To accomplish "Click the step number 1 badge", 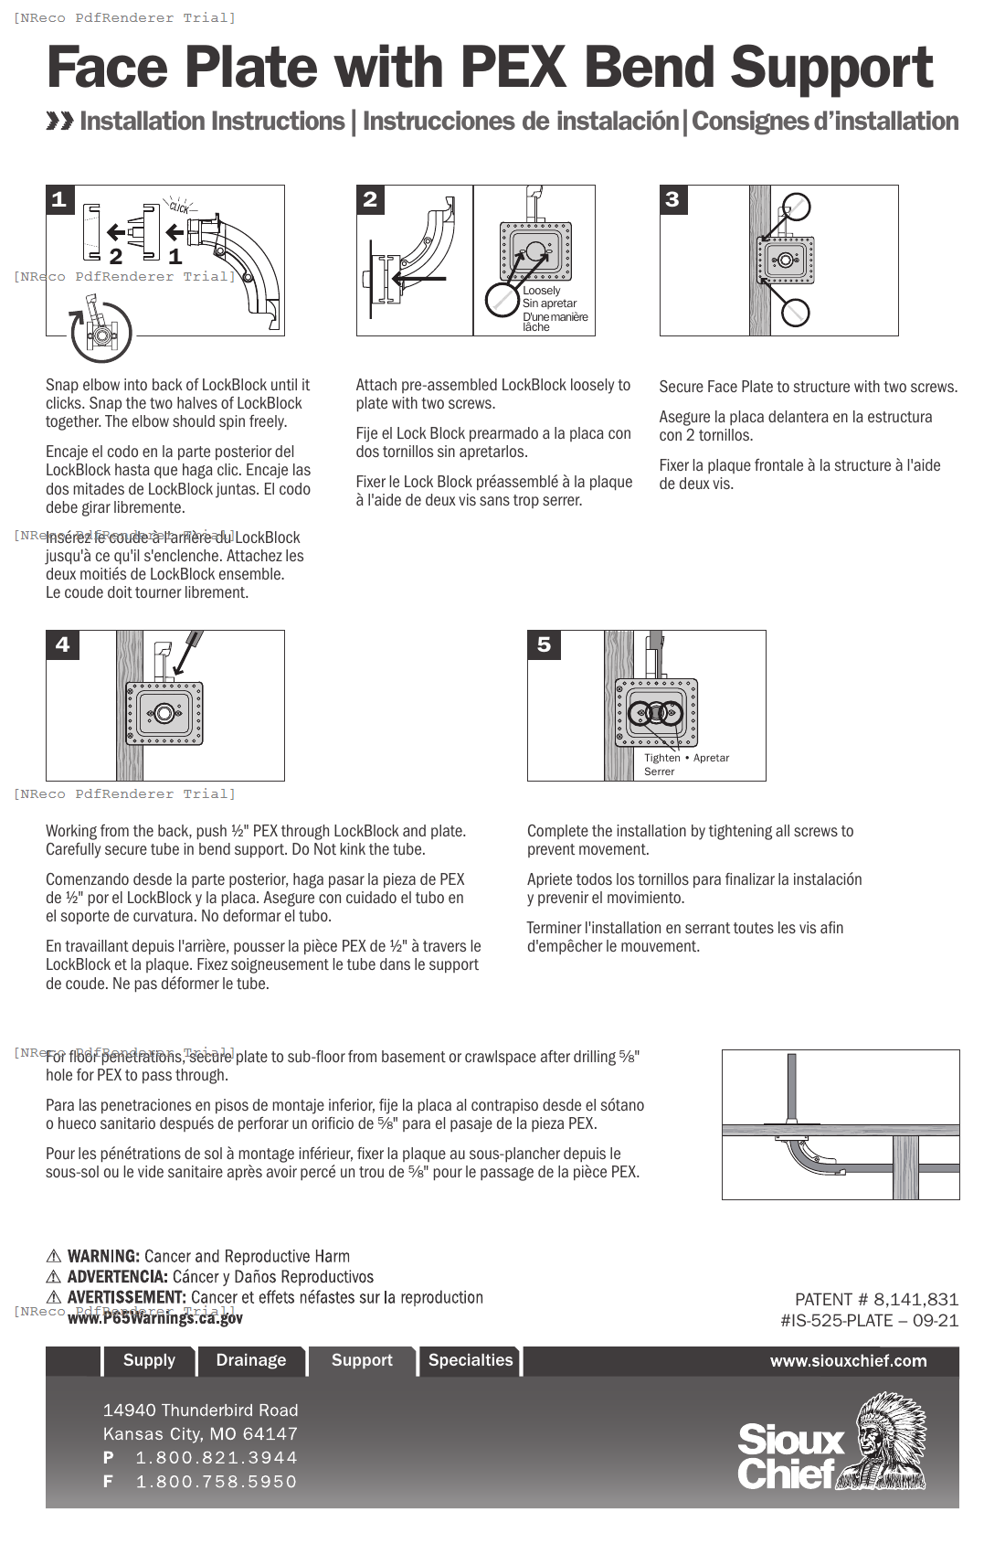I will [59, 199].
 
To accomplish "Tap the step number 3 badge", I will [673, 199].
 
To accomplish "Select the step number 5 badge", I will [545, 644].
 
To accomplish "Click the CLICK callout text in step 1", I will [179, 208].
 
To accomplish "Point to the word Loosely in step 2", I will [542, 291].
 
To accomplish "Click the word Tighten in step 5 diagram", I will [662, 758].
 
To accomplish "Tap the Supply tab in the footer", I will [149, 1360].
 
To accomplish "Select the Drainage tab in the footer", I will [251, 1360].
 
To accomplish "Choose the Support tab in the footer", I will [362, 1360].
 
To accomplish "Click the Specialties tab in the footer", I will [471, 1360].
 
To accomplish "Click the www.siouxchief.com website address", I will [848, 1361].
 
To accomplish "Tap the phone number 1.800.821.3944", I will [217, 1458].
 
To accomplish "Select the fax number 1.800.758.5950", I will [217, 1482].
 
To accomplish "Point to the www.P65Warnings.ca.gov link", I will [155, 1318].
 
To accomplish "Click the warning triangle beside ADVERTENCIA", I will [54, 1277].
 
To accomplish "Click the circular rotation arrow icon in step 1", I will [100, 333].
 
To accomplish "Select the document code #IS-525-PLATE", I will [836, 1320].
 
